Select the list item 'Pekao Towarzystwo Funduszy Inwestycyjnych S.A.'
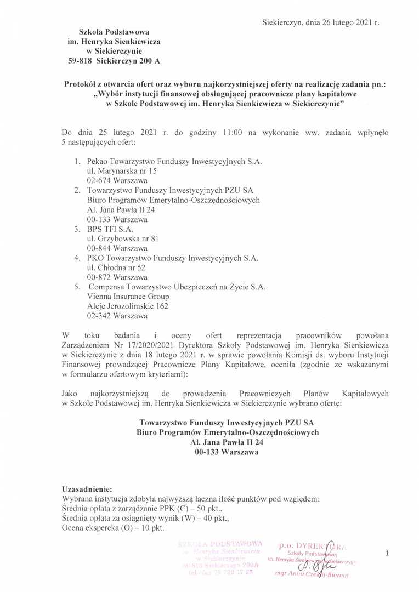coord(174,162)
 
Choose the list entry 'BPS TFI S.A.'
coord(110,229)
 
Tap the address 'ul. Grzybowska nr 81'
coord(123,239)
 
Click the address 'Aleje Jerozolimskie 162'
coord(127,306)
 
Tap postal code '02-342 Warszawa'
coord(117,316)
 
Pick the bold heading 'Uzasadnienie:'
coord(87,489)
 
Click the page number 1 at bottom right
coord(387,554)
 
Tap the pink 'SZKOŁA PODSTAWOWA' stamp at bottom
coord(216,544)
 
